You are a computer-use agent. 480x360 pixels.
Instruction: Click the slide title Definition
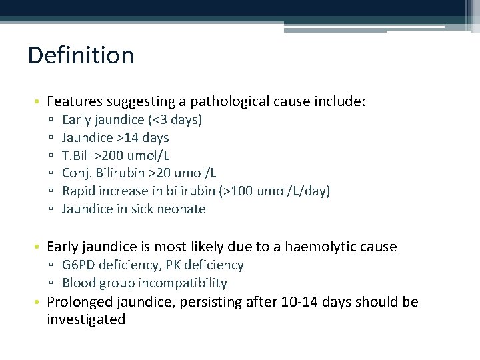coord(81,55)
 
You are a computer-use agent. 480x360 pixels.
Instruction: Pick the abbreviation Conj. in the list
coord(77,173)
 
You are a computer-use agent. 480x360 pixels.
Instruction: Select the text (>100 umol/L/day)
coord(275,191)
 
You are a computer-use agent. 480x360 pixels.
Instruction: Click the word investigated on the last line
coord(86,319)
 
